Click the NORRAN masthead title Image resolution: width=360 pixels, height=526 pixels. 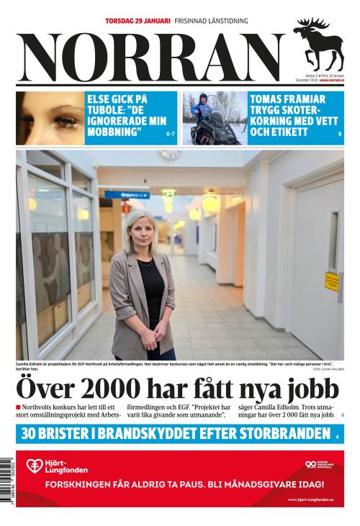point(151,58)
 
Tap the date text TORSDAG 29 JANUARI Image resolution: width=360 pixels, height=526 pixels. point(138,21)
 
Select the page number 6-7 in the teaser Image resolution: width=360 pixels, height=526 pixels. point(171,134)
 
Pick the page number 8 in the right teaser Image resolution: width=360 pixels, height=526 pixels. point(339,135)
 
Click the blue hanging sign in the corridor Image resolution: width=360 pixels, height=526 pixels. point(127,194)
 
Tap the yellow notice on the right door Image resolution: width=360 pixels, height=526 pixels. point(330,279)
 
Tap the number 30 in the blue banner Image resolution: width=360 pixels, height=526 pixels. point(30,434)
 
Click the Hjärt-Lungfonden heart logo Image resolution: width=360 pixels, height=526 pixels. point(34,466)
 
